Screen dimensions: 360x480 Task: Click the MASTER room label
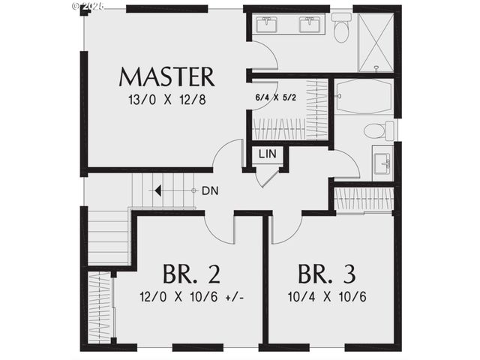coord(166,76)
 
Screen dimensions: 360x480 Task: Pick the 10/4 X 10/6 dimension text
coord(327,296)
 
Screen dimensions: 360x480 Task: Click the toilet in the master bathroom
coord(342,30)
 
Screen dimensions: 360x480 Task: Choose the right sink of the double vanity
coord(310,25)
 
